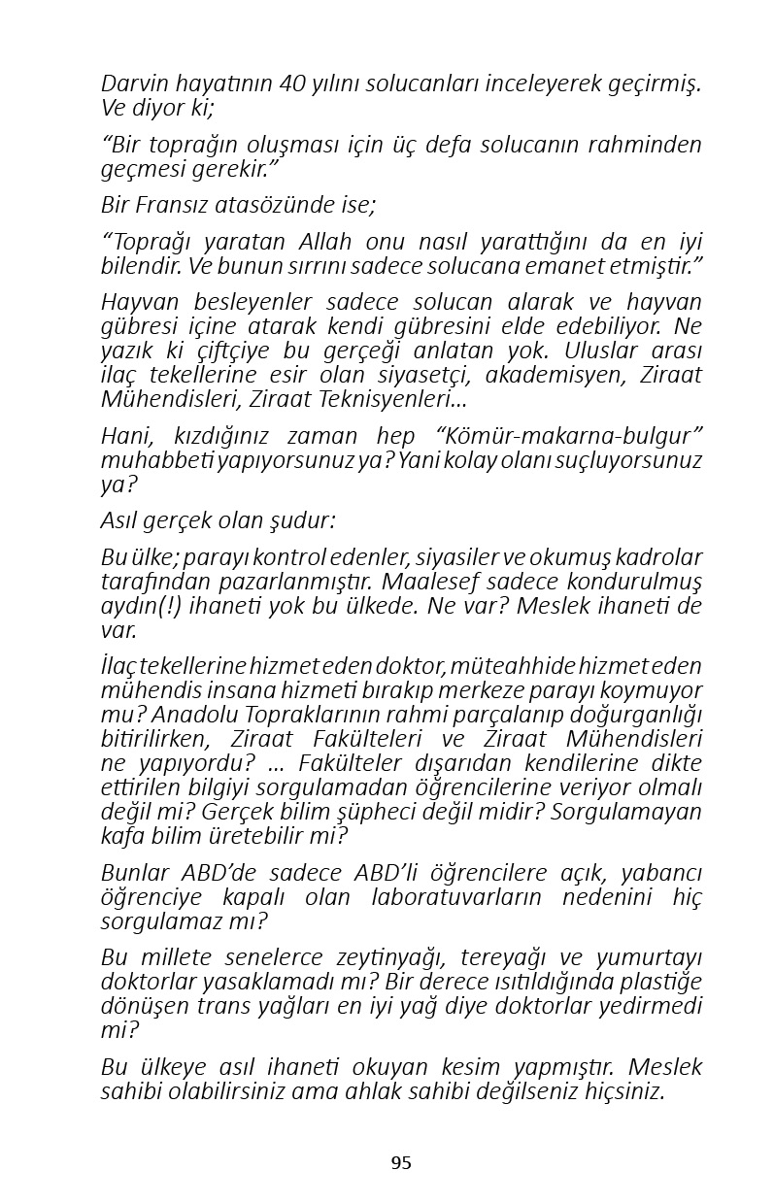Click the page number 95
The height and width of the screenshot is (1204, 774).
pos(401,1162)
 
